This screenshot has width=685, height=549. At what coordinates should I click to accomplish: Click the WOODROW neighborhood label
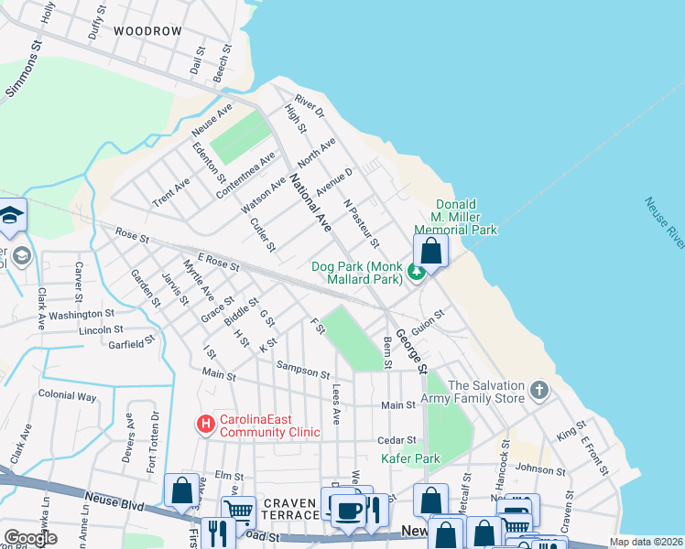(147, 30)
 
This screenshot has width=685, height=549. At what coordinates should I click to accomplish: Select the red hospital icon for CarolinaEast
(206, 424)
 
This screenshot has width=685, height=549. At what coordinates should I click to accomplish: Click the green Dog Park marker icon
(417, 271)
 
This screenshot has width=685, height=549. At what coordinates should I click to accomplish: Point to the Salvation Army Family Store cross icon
(540, 391)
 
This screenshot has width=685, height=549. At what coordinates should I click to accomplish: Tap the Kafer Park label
(410, 458)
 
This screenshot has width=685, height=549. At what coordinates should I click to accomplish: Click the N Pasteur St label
(361, 223)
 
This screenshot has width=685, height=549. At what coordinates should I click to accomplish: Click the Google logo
(31, 538)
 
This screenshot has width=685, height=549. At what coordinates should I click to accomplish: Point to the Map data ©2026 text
(647, 542)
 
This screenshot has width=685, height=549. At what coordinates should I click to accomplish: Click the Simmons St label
(26, 69)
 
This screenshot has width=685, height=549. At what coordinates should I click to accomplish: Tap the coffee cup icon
(346, 511)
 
